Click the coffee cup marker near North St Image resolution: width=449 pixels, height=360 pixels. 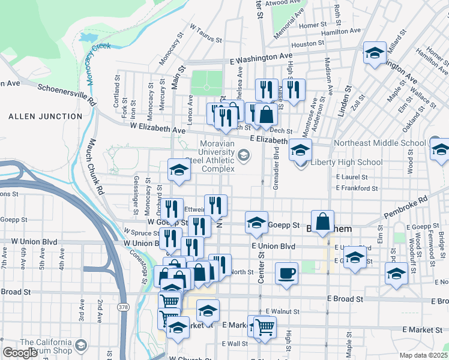click(x=286, y=274)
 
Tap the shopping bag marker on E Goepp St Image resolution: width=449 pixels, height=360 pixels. click(x=323, y=221)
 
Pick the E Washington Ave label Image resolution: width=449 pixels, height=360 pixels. click(x=261, y=60)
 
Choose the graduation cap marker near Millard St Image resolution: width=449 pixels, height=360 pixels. click(x=375, y=54)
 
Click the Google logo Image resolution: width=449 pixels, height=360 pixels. click(x=20, y=353)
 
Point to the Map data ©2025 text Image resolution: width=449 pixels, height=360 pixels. click(x=423, y=355)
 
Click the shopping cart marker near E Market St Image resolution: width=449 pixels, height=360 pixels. click(x=264, y=327)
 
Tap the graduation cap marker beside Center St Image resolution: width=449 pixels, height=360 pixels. click(x=256, y=223)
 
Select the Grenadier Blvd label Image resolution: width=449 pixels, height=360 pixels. click(x=276, y=169)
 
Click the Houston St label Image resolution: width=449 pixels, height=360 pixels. click(x=308, y=44)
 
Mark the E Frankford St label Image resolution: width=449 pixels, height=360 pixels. click(x=357, y=188)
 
